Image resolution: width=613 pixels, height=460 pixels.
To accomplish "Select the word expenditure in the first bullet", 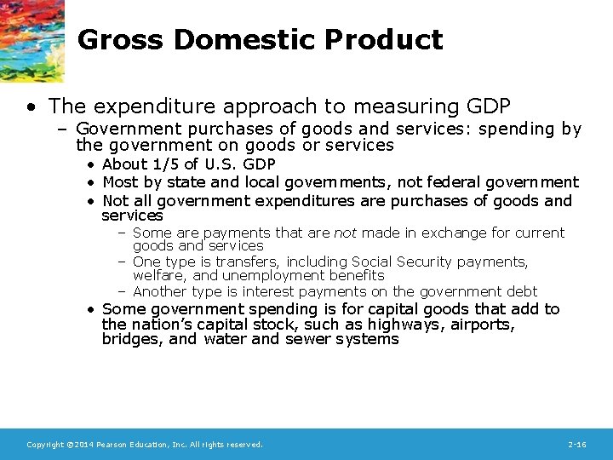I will (140, 106).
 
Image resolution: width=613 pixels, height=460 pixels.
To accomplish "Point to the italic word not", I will (344, 233).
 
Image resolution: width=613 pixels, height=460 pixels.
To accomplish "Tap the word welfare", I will (158, 276).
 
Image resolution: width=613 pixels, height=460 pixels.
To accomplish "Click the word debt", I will (521, 291).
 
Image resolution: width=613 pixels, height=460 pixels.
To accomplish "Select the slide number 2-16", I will (576, 445).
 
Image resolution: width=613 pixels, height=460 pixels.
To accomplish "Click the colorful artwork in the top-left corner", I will (32, 38).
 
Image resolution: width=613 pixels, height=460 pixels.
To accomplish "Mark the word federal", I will (440, 182).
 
